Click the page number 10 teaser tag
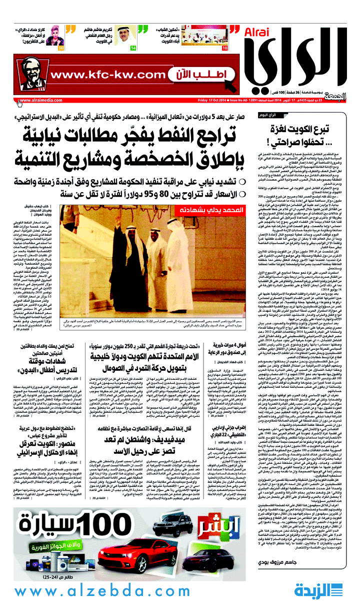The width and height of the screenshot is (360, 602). (225, 48)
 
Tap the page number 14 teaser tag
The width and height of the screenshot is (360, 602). (133, 48)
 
